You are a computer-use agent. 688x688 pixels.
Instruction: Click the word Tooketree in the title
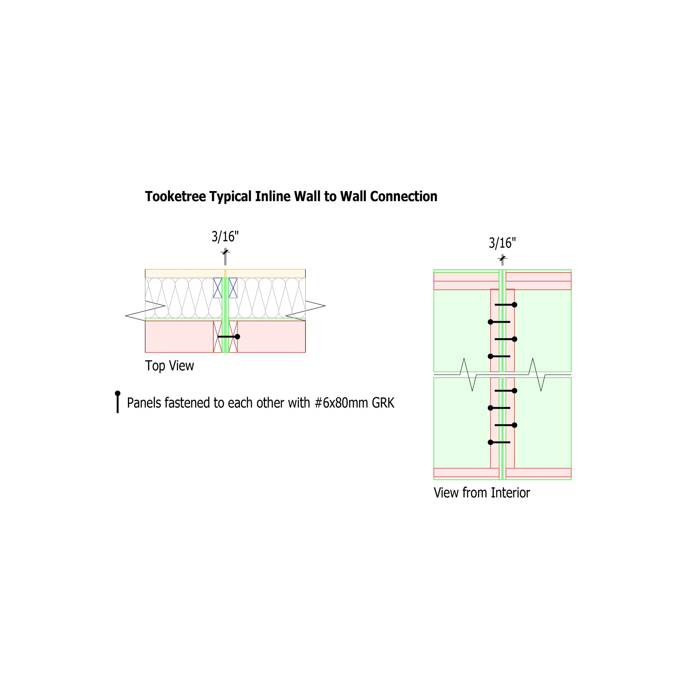coord(175,196)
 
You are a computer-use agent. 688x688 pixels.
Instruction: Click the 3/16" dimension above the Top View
coord(225,236)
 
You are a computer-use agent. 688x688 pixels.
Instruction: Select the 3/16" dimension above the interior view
coord(502,243)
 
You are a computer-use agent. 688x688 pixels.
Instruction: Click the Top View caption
coord(170,366)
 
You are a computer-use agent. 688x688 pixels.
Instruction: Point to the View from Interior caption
coord(482,493)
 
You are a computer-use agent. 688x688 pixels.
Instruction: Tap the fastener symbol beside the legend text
coord(118,402)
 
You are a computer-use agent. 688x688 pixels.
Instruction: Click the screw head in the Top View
coord(237,337)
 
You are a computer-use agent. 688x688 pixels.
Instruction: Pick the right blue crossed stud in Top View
coord(233,288)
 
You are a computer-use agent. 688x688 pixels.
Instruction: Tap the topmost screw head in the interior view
coord(515,305)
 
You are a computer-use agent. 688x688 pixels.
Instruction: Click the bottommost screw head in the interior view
coord(490,442)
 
